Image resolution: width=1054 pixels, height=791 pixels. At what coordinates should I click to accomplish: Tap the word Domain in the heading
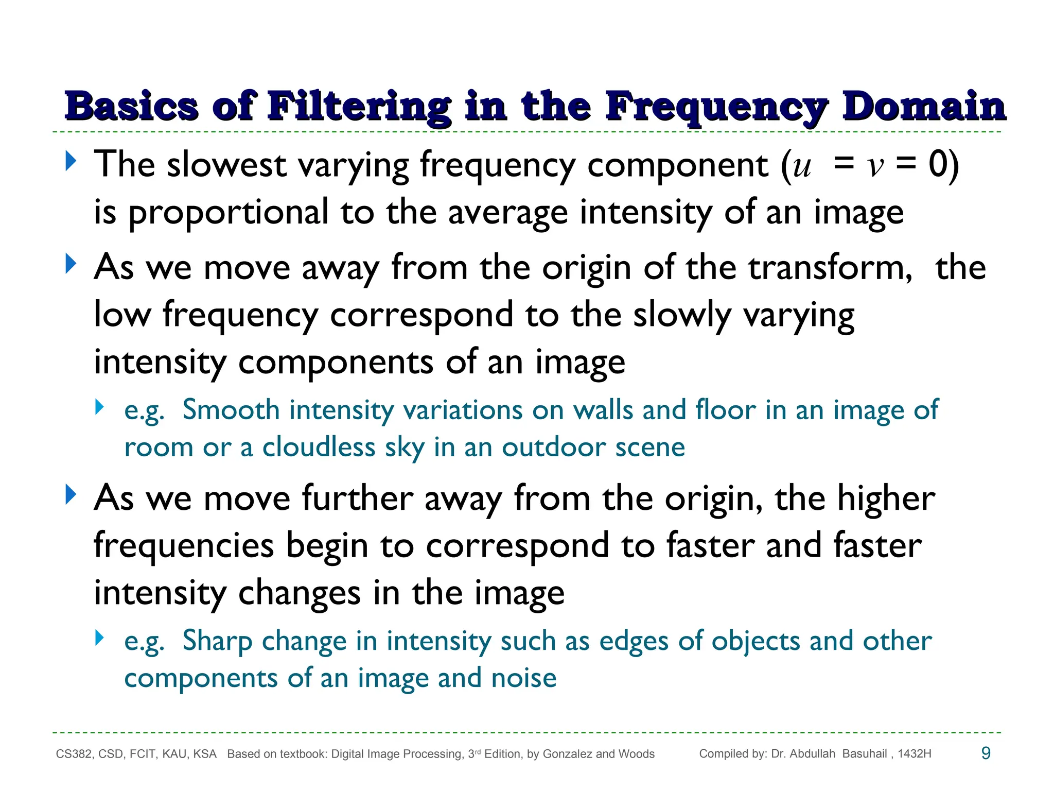pyautogui.click(x=924, y=106)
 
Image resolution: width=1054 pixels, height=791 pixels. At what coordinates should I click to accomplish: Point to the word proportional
pyautogui.click(x=228, y=213)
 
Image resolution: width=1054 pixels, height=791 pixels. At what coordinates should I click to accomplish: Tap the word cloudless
pyautogui.click(x=319, y=447)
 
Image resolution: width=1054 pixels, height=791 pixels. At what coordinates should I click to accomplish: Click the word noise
pyautogui.click(x=524, y=678)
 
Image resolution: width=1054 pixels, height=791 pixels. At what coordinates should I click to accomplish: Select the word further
pyautogui.click(x=357, y=498)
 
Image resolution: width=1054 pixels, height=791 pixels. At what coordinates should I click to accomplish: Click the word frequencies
pyautogui.click(x=184, y=546)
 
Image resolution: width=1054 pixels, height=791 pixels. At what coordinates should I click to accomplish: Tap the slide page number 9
pyautogui.click(x=986, y=753)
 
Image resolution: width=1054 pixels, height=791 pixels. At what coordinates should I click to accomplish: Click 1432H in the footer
pyautogui.click(x=915, y=754)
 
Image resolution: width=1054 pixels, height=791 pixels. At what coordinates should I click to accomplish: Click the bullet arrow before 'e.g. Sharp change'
pyautogui.click(x=100, y=639)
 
